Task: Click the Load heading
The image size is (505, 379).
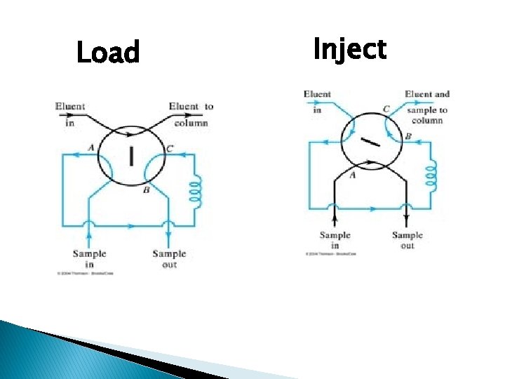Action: [108, 53]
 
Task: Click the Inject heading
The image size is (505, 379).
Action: [349, 50]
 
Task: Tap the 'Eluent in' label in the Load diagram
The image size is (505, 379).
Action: [70, 113]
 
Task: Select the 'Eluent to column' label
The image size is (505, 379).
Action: [190, 114]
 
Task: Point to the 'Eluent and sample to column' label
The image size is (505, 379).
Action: [426, 107]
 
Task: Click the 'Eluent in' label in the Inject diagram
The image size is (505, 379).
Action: [317, 101]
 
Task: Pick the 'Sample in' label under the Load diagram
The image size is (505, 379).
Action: [90, 259]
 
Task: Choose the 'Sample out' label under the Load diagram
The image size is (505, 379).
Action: [169, 259]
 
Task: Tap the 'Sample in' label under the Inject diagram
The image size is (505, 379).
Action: [335, 241]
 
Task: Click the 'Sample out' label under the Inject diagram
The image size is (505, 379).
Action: [408, 241]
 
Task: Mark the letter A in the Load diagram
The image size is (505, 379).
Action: [91, 147]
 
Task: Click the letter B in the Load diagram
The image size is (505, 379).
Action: [146, 190]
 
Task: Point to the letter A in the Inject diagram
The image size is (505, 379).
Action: [352, 175]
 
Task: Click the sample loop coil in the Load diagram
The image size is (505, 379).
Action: [196, 188]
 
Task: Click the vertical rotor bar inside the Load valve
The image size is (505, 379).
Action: [131, 155]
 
